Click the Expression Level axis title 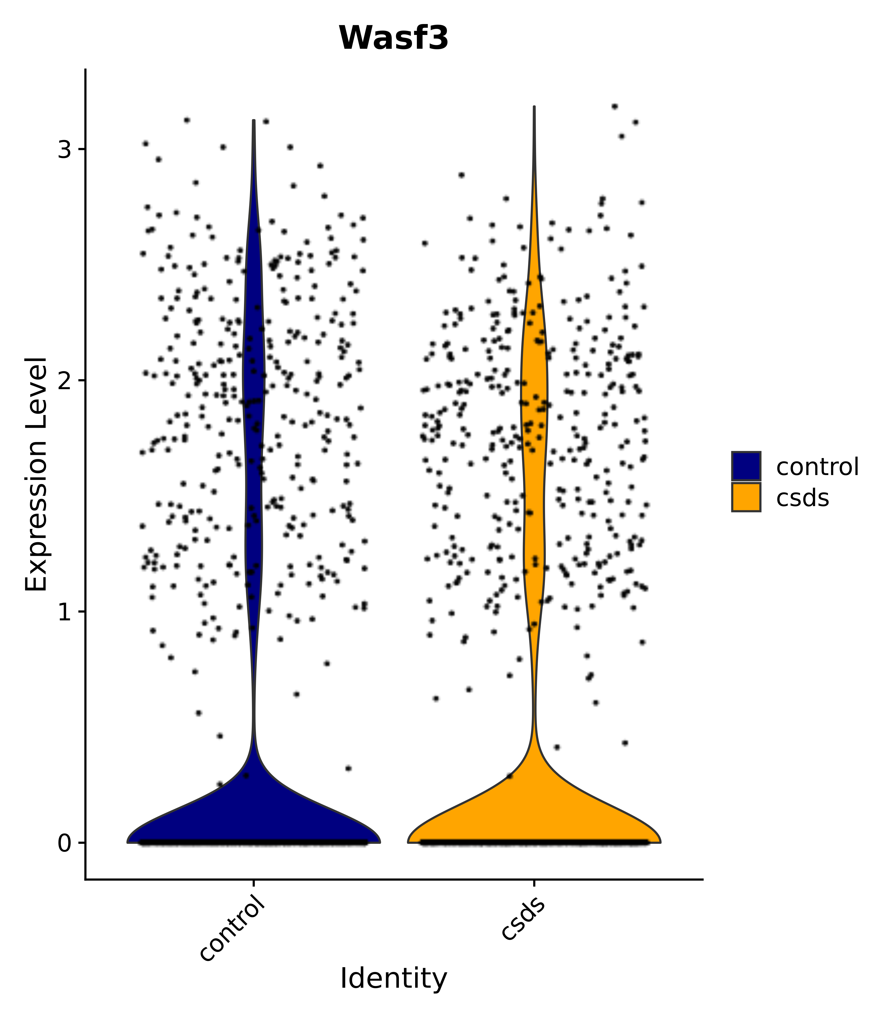pyautogui.click(x=37, y=475)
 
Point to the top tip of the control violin pyautogui.click(x=253, y=121)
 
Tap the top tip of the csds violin pyautogui.click(x=534, y=107)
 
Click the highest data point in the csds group pyautogui.click(x=614, y=106)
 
